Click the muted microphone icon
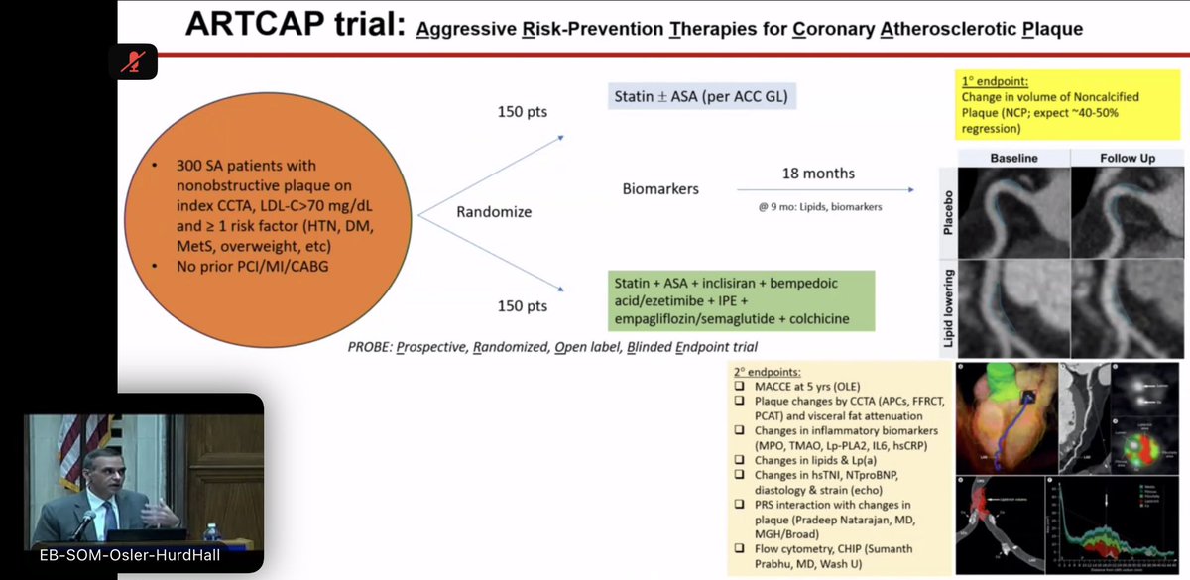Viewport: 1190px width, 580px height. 131,62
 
